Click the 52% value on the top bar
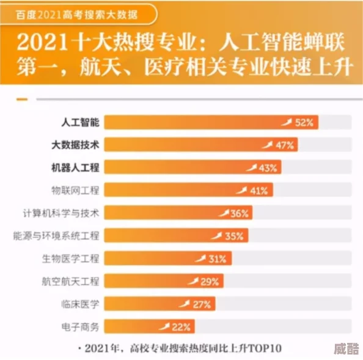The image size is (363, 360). (x=304, y=122)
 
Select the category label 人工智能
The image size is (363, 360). (x=80, y=122)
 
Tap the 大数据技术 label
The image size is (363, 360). (x=76, y=145)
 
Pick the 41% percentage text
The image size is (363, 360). (x=259, y=190)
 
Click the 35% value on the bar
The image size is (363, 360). (x=234, y=235)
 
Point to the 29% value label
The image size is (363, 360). (x=210, y=281)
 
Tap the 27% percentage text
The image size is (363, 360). (x=201, y=304)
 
